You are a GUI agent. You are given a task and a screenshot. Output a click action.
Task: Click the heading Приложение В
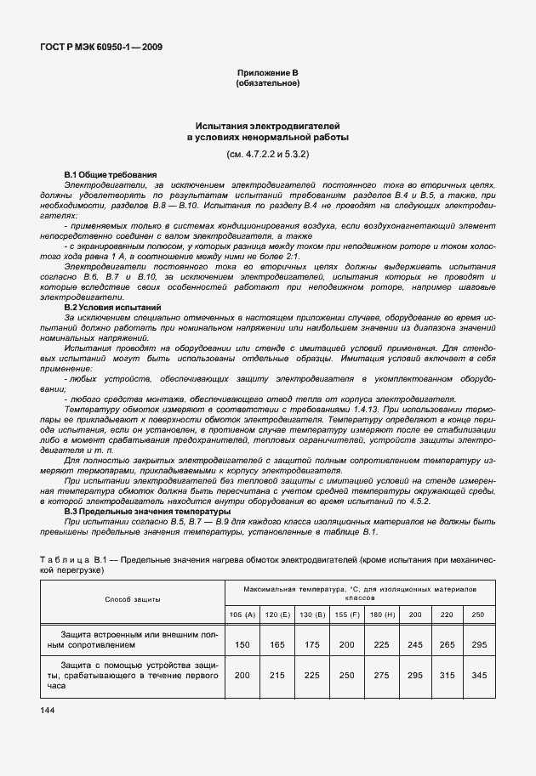[x=267, y=74]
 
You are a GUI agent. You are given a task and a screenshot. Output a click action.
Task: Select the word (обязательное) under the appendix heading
[x=267, y=83]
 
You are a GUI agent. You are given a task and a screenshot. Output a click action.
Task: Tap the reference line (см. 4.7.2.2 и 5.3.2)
[x=267, y=155]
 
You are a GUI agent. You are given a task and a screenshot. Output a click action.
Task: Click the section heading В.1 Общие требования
[x=111, y=174]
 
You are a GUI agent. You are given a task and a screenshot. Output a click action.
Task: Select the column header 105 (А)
[x=242, y=614]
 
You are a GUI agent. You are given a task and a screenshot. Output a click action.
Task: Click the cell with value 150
[x=242, y=645]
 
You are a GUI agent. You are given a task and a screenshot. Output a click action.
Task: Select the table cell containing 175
[x=313, y=645]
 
